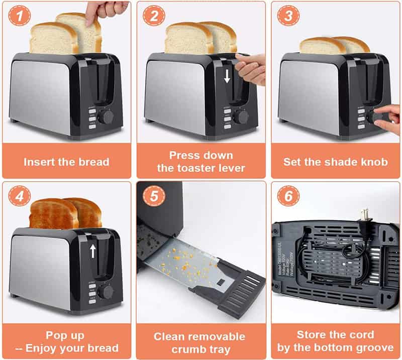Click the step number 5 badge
tap(153, 196)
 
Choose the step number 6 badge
tap(288, 196)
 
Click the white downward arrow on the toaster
tap(227, 76)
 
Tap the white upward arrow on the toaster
tap(92, 251)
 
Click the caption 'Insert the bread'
tap(66, 162)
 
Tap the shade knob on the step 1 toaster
tap(106, 117)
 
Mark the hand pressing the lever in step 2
tap(251, 68)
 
